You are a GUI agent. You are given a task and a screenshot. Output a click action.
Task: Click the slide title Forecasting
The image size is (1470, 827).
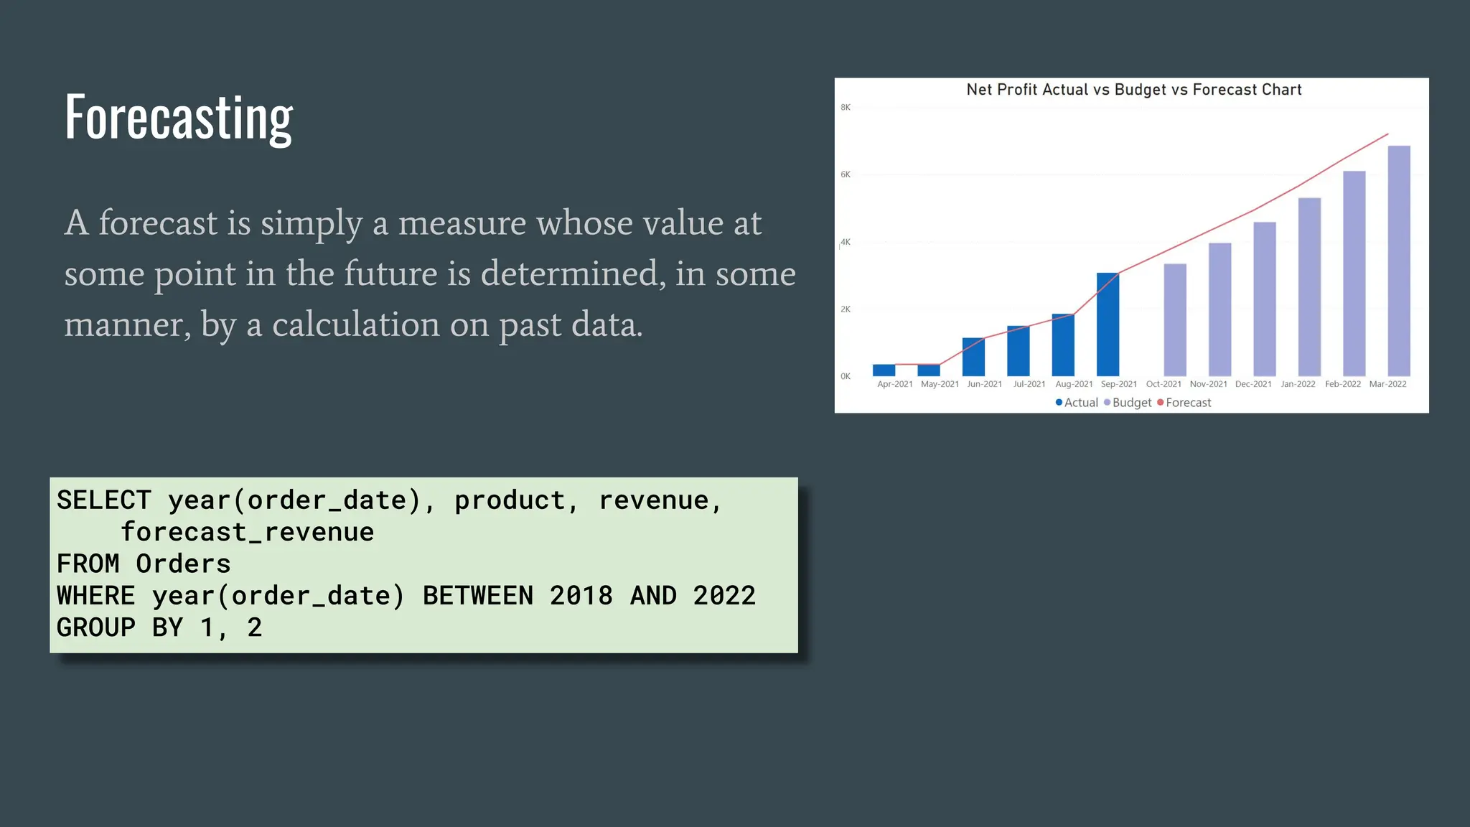coord(179,118)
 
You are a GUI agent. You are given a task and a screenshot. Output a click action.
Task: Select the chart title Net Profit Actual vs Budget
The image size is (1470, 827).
coord(1133,90)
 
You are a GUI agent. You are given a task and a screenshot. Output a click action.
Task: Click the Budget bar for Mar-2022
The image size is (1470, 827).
coord(1399,261)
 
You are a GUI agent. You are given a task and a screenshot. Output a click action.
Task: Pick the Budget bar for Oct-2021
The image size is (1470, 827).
coord(1175,320)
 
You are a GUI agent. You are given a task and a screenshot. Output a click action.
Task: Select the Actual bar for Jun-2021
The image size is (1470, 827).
coord(973,357)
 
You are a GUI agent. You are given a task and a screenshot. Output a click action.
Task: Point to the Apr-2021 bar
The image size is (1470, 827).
coord(884,370)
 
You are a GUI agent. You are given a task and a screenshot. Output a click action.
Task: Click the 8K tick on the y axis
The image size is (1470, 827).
coord(846,108)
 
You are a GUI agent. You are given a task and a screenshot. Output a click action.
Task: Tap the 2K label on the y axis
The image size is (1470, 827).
coord(846,309)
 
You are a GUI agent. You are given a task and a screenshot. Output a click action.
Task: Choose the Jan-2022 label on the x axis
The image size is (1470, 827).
coord(1298,384)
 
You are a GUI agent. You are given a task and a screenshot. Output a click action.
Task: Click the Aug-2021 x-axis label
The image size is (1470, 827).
coord(1074,384)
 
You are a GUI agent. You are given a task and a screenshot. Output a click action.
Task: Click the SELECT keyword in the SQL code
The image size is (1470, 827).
coord(104,500)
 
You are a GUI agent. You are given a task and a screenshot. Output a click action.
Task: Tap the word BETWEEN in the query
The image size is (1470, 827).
coord(478,596)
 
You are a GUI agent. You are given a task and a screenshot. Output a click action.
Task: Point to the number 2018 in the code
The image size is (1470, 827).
coord(581,596)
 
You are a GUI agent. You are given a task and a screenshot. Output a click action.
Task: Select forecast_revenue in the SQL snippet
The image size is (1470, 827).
coord(248,532)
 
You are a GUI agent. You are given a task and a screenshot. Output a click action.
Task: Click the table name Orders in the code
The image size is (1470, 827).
coord(184,564)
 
